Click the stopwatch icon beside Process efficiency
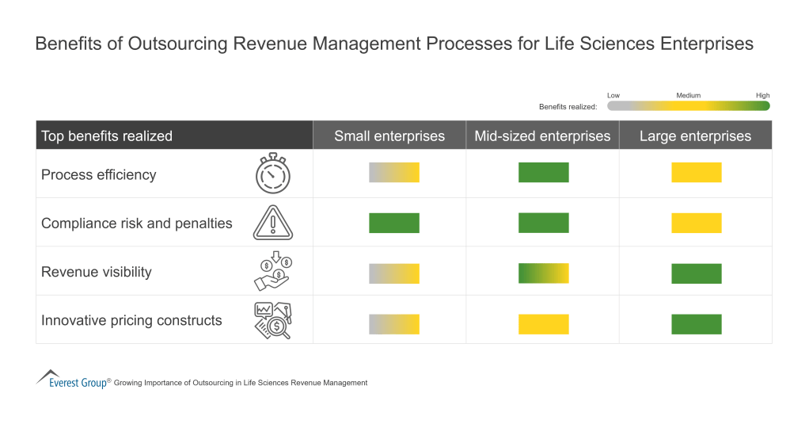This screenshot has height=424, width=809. coord(272,174)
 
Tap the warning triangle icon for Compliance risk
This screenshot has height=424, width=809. coord(272,223)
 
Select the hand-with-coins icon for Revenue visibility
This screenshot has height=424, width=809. coord(272,272)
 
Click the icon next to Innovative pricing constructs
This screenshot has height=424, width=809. coord(272,321)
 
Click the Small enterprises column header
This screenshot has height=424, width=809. coord(389,136)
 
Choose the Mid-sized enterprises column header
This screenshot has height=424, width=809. coord(542,136)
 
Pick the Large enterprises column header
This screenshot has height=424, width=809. coord(695,136)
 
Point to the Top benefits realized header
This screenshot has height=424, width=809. coord(107,136)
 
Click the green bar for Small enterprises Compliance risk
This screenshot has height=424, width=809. coord(393,223)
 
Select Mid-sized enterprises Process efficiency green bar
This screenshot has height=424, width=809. coord(543,173)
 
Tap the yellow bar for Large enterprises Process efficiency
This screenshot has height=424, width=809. coord(696,173)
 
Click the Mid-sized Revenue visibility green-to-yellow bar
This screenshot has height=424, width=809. coord(543,273)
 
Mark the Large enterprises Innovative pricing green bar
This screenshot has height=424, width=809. coord(696,324)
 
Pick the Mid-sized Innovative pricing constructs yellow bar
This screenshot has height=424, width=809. coord(543,324)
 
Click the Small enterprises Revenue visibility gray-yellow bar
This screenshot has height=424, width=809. coord(393,273)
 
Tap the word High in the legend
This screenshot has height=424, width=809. coord(762,95)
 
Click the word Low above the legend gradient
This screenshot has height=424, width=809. coord(613,95)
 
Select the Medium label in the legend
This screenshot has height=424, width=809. coord(688,95)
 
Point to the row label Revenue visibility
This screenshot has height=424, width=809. coord(96,272)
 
